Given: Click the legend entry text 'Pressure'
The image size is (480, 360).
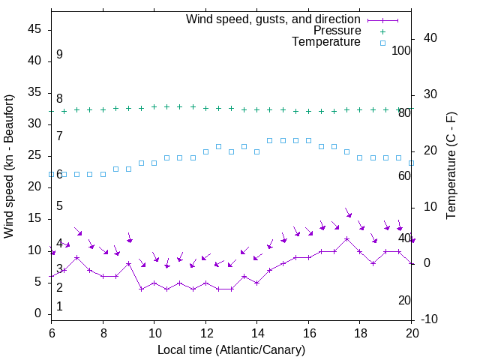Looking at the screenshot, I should [337, 31].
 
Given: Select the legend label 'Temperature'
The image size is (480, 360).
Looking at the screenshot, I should [326, 42].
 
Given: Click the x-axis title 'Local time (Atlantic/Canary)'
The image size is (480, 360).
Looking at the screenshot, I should [232, 349].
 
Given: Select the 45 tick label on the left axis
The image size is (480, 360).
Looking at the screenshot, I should [34, 30].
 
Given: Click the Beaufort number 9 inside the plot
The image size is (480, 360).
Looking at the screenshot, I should [59, 55].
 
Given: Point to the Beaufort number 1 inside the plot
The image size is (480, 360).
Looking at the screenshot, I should [59, 306].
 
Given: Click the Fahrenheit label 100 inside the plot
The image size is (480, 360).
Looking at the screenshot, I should [401, 50].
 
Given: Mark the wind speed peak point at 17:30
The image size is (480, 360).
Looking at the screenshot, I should [346, 238].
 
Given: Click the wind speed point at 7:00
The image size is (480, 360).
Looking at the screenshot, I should [77, 257].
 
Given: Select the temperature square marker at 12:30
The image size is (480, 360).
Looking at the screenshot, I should [218, 146].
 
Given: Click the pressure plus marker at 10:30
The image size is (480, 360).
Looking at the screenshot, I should [166, 106].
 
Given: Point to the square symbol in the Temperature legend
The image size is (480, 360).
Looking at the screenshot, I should [382, 43].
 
